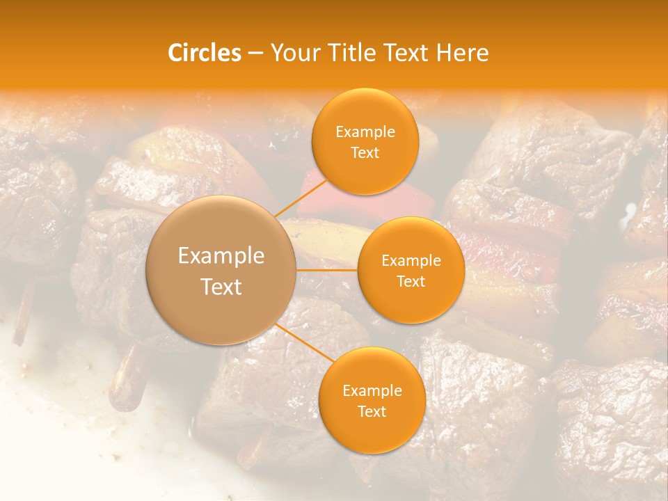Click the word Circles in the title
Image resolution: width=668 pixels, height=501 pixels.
(204, 53)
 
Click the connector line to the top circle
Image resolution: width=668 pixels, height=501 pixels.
(301, 198)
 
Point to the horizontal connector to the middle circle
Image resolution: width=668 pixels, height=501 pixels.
(327, 269)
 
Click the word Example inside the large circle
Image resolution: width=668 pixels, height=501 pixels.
(221, 256)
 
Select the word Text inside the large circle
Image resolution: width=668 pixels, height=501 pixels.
(221, 287)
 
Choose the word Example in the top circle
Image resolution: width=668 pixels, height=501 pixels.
(365, 132)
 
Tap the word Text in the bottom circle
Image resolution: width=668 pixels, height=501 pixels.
(372, 412)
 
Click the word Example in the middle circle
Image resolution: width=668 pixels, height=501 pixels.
(411, 261)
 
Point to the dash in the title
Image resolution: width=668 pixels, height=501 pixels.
(255, 53)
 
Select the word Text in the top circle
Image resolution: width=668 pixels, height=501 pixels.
(365, 153)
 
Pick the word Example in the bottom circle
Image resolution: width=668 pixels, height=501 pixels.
(372, 391)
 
